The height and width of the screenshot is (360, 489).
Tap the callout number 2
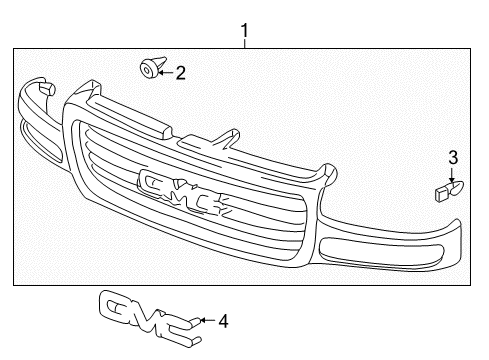[x=180, y=71]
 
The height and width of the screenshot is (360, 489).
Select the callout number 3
[x=452, y=157]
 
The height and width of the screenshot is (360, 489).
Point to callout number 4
[x=223, y=321]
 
